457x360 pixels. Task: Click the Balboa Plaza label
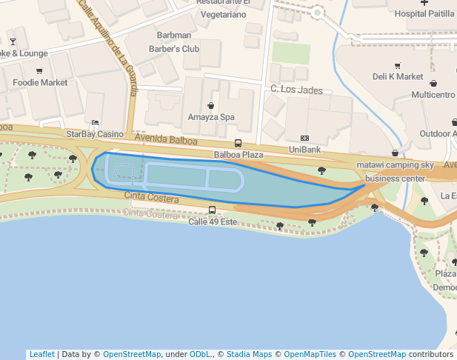tap(238, 155)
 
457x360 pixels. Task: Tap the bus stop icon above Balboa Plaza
tap(238, 144)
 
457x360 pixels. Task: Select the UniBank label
tap(304, 150)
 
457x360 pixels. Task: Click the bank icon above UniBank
tap(304, 139)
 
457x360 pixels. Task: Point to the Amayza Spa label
tap(211, 117)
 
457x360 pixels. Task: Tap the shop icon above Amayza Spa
tap(211, 106)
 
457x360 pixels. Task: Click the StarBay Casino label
tap(95, 134)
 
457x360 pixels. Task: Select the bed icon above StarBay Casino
tap(94, 123)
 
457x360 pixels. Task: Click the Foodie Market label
tap(40, 82)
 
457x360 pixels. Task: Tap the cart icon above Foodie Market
tap(39, 71)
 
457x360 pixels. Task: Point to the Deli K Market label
tap(398, 76)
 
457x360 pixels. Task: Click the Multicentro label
tap(433, 95)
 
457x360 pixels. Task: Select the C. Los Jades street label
tap(296, 90)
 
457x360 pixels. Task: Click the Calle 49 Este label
tap(212, 221)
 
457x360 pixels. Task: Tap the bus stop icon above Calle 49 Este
tap(213, 210)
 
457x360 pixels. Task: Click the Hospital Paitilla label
tap(424, 13)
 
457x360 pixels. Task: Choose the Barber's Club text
tap(174, 49)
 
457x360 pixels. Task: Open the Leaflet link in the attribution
tap(41, 354)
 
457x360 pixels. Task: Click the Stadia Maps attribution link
tap(250, 354)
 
